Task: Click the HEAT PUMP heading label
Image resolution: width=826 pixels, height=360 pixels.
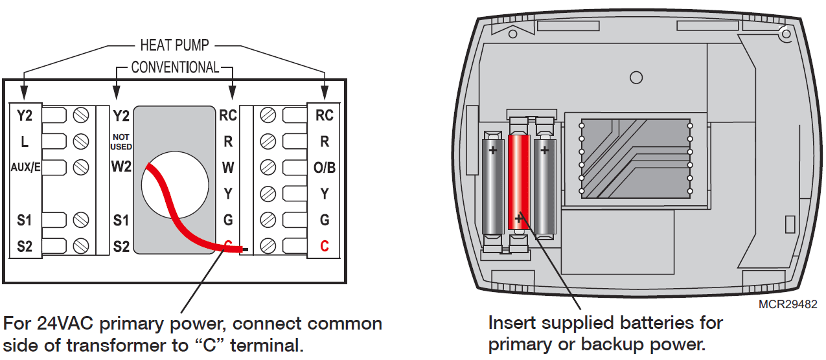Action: (x=174, y=46)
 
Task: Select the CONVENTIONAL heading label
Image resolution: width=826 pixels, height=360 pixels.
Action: (x=175, y=67)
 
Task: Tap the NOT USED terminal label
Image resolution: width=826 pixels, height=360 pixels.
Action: (x=121, y=142)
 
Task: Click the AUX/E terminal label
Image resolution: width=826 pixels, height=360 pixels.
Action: (x=26, y=167)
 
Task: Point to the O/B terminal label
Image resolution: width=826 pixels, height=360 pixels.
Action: (x=325, y=167)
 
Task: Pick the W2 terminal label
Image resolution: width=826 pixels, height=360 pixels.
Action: (x=121, y=167)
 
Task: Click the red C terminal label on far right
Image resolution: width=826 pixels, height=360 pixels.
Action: (x=325, y=246)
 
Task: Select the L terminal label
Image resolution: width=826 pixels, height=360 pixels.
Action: (x=25, y=141)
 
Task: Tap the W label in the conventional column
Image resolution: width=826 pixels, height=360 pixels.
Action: (x=228, y=167)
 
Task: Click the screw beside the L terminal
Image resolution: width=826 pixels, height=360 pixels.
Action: (x=81, y=141)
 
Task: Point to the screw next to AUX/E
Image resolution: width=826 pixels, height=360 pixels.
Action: (x=81, y=167)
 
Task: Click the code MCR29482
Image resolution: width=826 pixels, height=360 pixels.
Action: (x=787, y=304)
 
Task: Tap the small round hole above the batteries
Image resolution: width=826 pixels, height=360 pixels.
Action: (x=636, y=78)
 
